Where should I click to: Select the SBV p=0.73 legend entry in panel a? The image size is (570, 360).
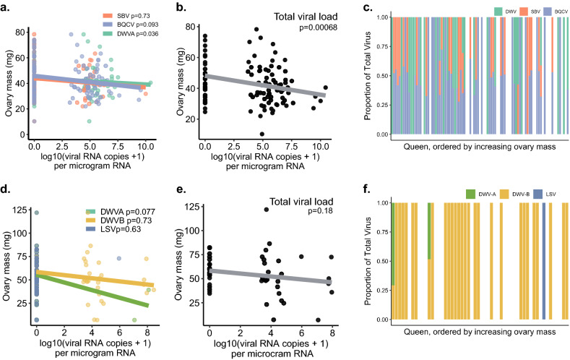pyautogui.click(x=131, y=14)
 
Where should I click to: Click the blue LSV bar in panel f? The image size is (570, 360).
pyautogui.click(x=543, y=260)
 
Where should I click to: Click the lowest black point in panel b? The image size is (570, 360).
pyautogui.click(x=262, y=134)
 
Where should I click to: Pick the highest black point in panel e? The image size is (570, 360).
pyautogui.click(x=265, y=210)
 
